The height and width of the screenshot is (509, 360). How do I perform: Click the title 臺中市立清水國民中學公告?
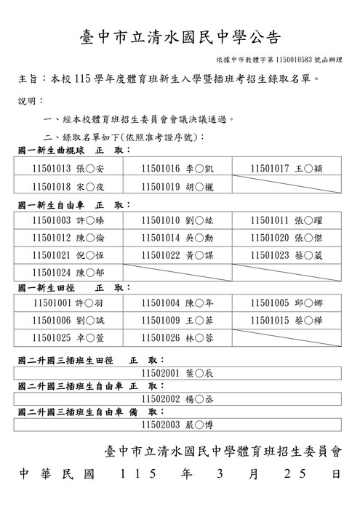point(180,37)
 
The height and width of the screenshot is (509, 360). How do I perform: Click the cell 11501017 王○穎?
point(287,169)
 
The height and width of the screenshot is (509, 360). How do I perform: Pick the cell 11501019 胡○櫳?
point(177,186)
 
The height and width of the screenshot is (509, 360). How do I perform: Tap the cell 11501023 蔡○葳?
point(287,255)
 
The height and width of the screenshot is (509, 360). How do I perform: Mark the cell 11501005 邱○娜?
point(287,302)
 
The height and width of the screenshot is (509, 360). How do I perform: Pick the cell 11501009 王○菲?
point(177,320)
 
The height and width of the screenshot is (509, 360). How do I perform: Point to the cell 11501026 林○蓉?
point(177,337)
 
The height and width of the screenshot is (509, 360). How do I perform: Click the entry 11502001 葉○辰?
point(177,372)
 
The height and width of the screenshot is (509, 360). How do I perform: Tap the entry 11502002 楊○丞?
point(177,398)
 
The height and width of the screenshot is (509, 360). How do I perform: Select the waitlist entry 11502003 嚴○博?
point(177,425)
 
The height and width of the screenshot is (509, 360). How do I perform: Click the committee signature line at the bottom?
point(223,451)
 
